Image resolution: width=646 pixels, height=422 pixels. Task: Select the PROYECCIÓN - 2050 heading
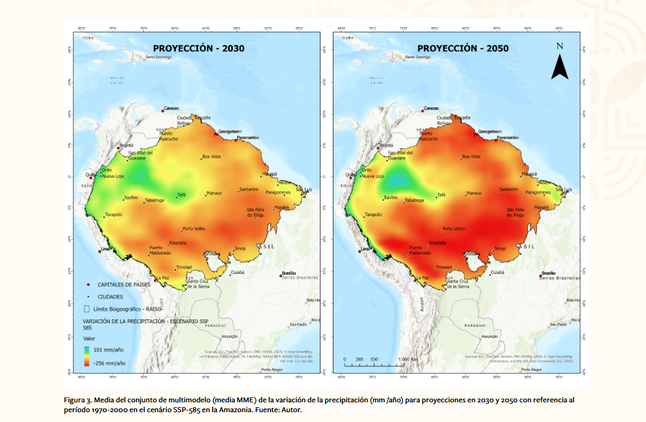[463, 48]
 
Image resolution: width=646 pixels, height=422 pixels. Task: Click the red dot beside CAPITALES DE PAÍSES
[89, 284]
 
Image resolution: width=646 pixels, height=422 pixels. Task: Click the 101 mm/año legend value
[109, 349]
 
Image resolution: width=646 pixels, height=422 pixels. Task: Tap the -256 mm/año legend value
[109, 363]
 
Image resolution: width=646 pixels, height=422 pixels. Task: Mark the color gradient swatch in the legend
[88, 356]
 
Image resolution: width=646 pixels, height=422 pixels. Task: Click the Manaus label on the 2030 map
[214, 193]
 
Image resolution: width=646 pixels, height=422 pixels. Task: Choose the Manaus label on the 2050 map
[474, 193]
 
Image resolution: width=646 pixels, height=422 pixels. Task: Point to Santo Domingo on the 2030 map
[159, 58]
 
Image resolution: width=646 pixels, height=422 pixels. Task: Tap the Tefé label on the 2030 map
[181, 195]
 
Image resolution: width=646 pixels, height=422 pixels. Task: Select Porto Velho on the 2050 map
[454, 229]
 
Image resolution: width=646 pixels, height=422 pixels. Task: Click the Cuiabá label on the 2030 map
[237, 272]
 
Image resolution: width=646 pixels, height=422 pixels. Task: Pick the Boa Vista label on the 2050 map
[470, 157]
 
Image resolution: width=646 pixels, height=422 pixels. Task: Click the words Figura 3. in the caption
[78, 400]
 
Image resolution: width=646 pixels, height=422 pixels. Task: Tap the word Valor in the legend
[90, 338]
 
